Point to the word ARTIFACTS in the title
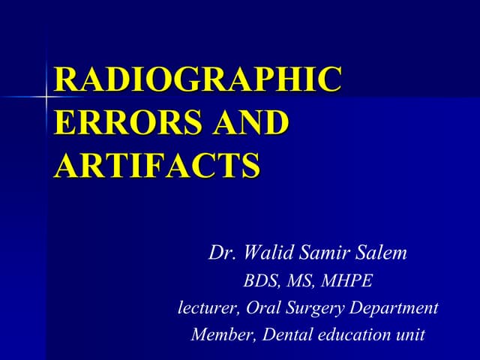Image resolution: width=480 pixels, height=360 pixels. [x=157, y=163]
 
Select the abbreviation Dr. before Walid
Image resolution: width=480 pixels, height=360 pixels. [x=220, y=253]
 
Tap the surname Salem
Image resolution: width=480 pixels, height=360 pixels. [x=382, y=253]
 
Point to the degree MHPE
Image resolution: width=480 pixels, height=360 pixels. [x=348, y=281]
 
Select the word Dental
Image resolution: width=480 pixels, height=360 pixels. [x=283, y=334]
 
